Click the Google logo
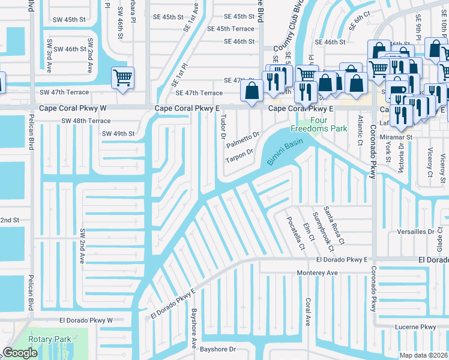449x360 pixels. click(x=20, y=353)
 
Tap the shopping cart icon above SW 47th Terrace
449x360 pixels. click(x=122, y=77)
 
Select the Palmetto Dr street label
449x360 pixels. click(x=243, y=140)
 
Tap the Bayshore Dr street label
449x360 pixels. click(x=219, y=349)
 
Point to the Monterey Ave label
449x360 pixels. click(x=318, y=272)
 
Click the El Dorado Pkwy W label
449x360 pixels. click(x=86, y=320)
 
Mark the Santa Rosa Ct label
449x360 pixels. click(x=333, y=225)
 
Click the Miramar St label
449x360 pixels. click(x=400, y=137)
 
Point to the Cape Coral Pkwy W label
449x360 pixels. click(x=73, y=109)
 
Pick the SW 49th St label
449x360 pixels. click(x=116, y=133)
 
